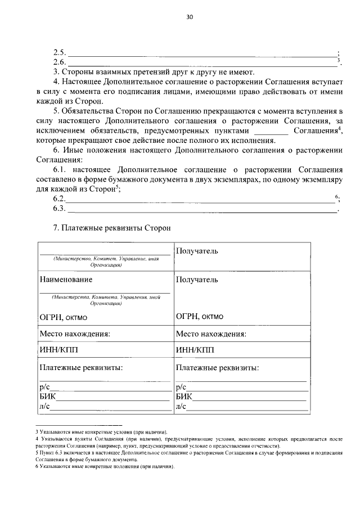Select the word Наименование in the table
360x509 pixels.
tap(66, 280)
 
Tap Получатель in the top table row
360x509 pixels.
tap(197, 250)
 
